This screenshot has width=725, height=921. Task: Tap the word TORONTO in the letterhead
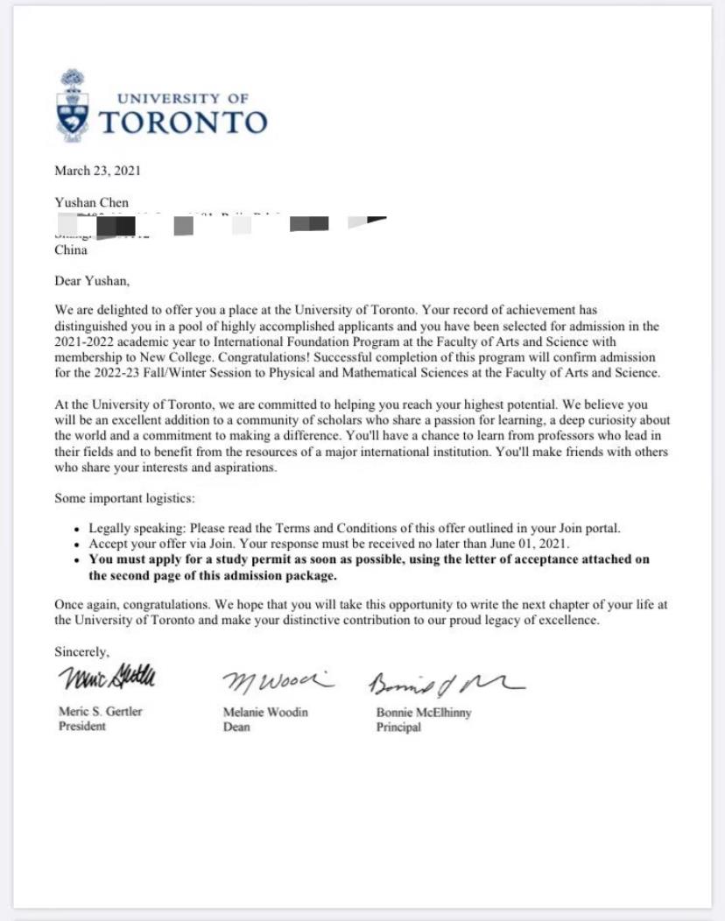coord(182,122)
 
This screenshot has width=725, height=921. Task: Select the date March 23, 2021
coord(97,171)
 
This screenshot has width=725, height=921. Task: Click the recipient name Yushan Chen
coord(91,203)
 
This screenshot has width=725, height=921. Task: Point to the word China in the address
coord(71,250)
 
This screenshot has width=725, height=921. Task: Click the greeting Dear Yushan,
coord(91,281)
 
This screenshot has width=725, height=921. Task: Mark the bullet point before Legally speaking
coord(79,530)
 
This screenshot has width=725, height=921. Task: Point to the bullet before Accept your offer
coord(79,545)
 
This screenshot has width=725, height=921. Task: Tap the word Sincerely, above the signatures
coord(82,652)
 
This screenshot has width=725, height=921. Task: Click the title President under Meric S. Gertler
coord(81,727)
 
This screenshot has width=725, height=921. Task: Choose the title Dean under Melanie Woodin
coord(237,728)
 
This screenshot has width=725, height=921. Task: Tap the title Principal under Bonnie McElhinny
coord(398,728)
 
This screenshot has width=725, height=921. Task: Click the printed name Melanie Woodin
coord(265,713)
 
